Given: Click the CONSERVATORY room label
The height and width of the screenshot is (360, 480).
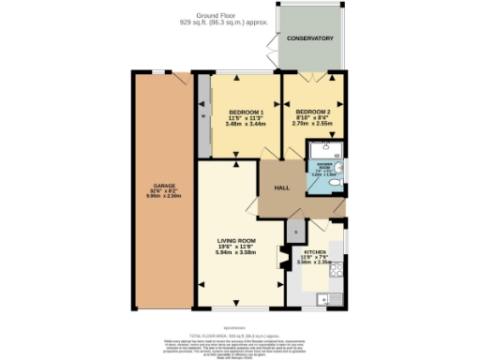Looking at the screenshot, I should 310,38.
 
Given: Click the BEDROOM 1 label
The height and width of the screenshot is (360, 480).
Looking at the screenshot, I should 246,112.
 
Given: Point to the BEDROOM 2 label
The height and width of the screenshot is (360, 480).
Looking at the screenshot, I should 312,110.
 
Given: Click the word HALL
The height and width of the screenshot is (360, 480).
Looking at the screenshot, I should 280,188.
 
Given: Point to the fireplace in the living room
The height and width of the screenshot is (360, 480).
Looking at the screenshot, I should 280,258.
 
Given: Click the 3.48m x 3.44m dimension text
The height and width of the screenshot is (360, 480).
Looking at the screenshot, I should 246,124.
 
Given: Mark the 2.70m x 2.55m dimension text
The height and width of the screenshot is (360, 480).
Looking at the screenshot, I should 312,123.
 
